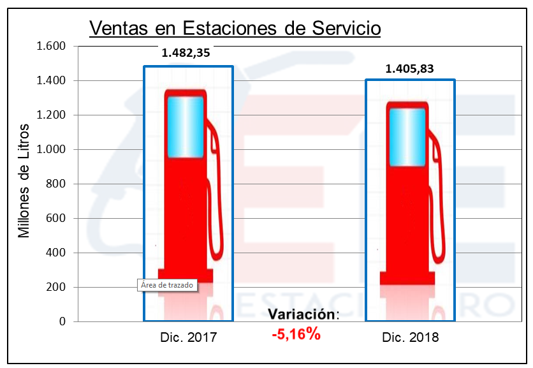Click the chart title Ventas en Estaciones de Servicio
235,28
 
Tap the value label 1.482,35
186,53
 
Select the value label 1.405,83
409,69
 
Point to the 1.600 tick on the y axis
52,46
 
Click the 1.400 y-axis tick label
52,80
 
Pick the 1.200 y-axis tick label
52,115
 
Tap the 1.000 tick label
52,149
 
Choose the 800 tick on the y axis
56,184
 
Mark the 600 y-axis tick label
56,218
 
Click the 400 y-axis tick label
56,253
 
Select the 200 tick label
56,287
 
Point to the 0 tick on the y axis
62,321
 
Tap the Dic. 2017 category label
189,337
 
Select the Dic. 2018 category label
411,337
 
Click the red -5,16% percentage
296,334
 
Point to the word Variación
302,314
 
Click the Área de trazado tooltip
166,285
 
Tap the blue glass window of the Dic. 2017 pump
186,127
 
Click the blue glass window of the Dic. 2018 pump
407,136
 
